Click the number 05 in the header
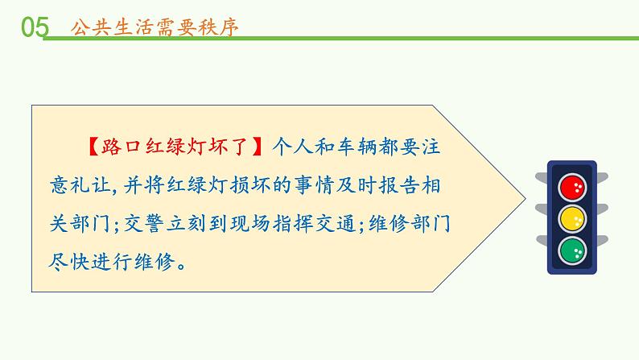pyautogui.click(x=34, y=27)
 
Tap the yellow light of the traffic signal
pyautogui.click(x=575, y=217)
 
